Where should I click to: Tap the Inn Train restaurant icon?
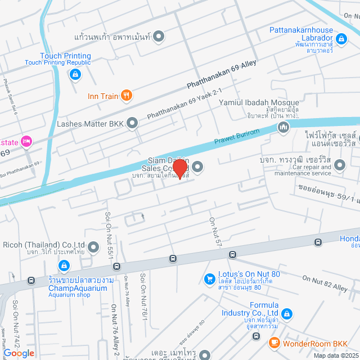coord(127,96)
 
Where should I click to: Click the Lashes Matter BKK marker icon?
coord(132,122)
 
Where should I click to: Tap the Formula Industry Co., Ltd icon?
coord(287,313)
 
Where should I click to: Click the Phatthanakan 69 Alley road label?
coord(222,75)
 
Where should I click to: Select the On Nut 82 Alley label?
coord(325,282)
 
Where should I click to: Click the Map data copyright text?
coord(335,355)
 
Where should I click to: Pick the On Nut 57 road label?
coord(215,231)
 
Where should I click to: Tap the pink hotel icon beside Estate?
coord(25,141)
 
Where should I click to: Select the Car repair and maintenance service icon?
coord(340,165)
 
